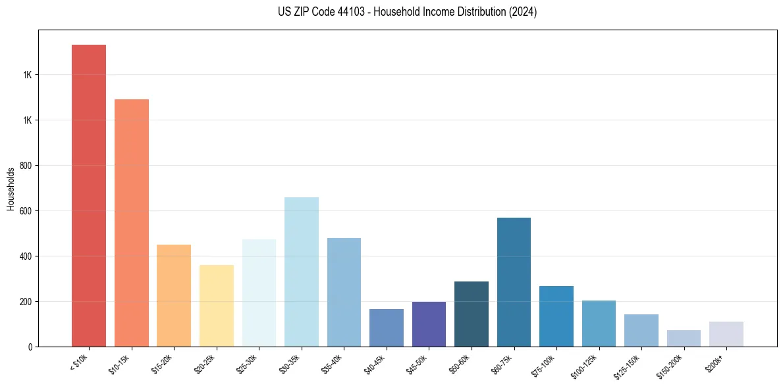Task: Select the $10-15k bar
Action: pyautogui.click(x=132, y=223)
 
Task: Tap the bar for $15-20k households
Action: pyautogui.click(x=174, y=295)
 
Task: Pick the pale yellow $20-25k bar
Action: pyautogui.click(x=217, y=306)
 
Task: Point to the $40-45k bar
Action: pyautogui.click(x=387, y=327)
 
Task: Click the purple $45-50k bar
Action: pyautogui.click(x=429, y=324)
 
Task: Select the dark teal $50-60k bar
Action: pyautogui.click(x=472, y=314)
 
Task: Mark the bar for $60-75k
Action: pyautogui.click(x=514, y=282)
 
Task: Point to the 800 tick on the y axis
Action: pyautogui.click(x=26, y=166)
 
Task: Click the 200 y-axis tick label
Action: pyautogui.click(x=26, y=302)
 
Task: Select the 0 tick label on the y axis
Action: pyautogui.click(x=30, y=347)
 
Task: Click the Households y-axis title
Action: pyautogui.click(x=11, y=189)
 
